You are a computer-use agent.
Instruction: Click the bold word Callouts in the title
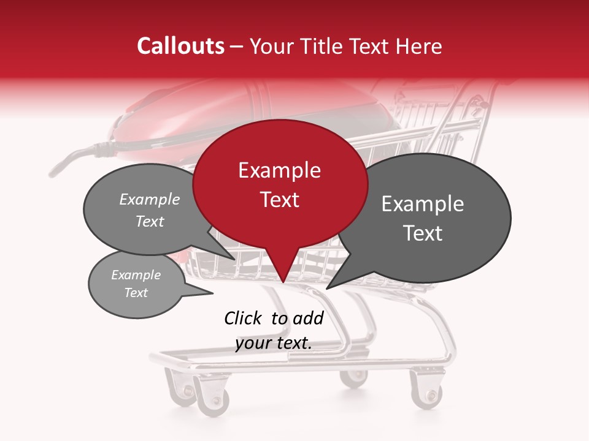[x=180, y=46]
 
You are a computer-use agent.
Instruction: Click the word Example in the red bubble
[x=280, y=170]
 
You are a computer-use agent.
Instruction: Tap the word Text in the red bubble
[x=280, y=200]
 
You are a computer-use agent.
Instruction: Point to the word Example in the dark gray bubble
[x=423, y=204]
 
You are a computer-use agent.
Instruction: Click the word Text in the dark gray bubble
[x=423, y=233]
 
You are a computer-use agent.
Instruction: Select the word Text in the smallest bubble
[x=136, y=293]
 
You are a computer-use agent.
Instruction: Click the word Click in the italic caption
[x=243, y=318]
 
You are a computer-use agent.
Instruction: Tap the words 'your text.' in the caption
[x=274, y=343]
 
